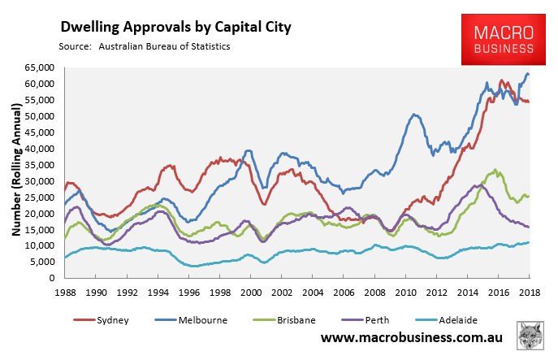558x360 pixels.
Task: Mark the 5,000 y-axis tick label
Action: (x=41, y=262)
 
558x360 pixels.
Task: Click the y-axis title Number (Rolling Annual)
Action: (x=14, y=173)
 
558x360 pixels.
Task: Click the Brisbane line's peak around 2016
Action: (x=495, y=171)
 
